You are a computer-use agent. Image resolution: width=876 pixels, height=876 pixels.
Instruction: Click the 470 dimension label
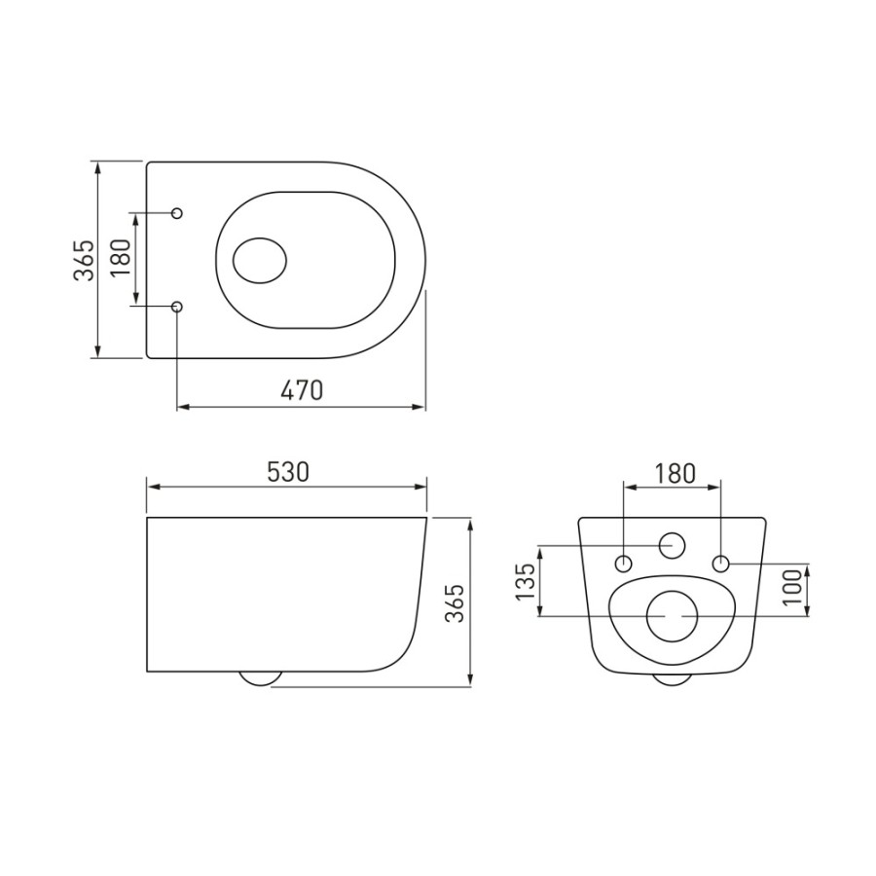coord(302,390)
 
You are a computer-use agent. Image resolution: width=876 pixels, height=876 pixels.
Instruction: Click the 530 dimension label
coord(288,472)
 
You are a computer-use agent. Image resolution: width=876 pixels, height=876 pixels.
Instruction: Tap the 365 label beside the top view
coord(84,260)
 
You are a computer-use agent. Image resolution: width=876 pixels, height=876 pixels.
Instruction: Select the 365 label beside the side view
coord(455,603)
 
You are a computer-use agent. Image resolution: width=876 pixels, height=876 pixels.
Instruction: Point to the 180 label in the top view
coord(120,259)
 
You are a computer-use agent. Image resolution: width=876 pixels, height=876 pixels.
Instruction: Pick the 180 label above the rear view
coord(675,474)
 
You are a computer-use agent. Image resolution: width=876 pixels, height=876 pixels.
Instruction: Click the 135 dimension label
coord(526,582)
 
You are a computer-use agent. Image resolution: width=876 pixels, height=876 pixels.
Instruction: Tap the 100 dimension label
coord(792,587)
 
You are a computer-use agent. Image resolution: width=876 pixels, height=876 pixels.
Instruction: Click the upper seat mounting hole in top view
coord(178,213)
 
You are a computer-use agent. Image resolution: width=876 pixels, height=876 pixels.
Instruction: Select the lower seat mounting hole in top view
coord(178,307)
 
